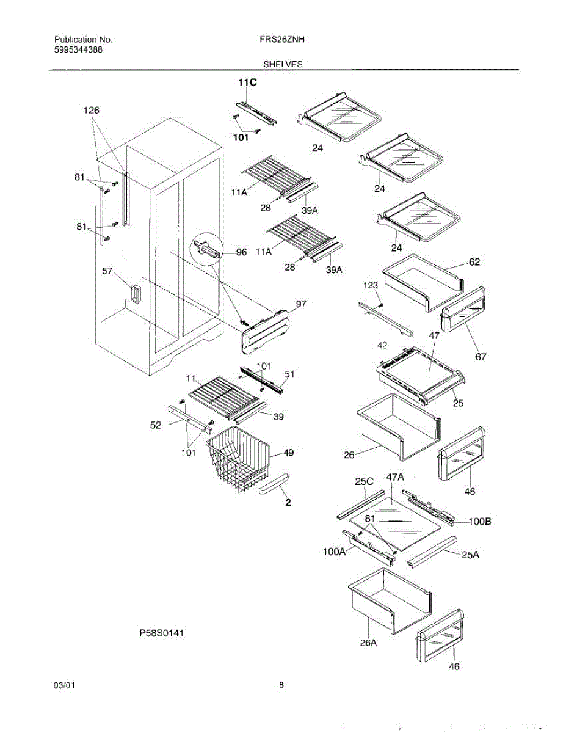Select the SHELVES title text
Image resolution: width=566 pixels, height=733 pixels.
pos(283,64)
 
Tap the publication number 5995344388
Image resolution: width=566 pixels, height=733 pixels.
pos(78,49)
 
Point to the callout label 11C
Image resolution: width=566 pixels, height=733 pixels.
pos(247,81)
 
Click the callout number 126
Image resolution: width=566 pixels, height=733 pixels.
pos(92,111)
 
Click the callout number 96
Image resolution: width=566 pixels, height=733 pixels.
pos(241,253)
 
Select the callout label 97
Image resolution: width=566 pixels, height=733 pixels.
pos(301,304)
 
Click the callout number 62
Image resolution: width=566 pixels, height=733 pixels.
pos(474,262)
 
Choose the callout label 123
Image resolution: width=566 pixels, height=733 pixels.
pos(371,285)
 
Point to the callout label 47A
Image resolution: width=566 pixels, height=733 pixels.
pos(395,477)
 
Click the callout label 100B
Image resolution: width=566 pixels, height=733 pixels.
pos(480,522)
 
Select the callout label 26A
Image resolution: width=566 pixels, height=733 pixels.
pos(368,643)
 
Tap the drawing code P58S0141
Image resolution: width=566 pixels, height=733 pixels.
pos(162,633)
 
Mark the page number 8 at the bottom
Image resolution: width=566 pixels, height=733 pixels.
pos(281,685)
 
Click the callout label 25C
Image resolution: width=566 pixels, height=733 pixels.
pos(365,481)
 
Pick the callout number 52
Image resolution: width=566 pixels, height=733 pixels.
pos(157,425)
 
